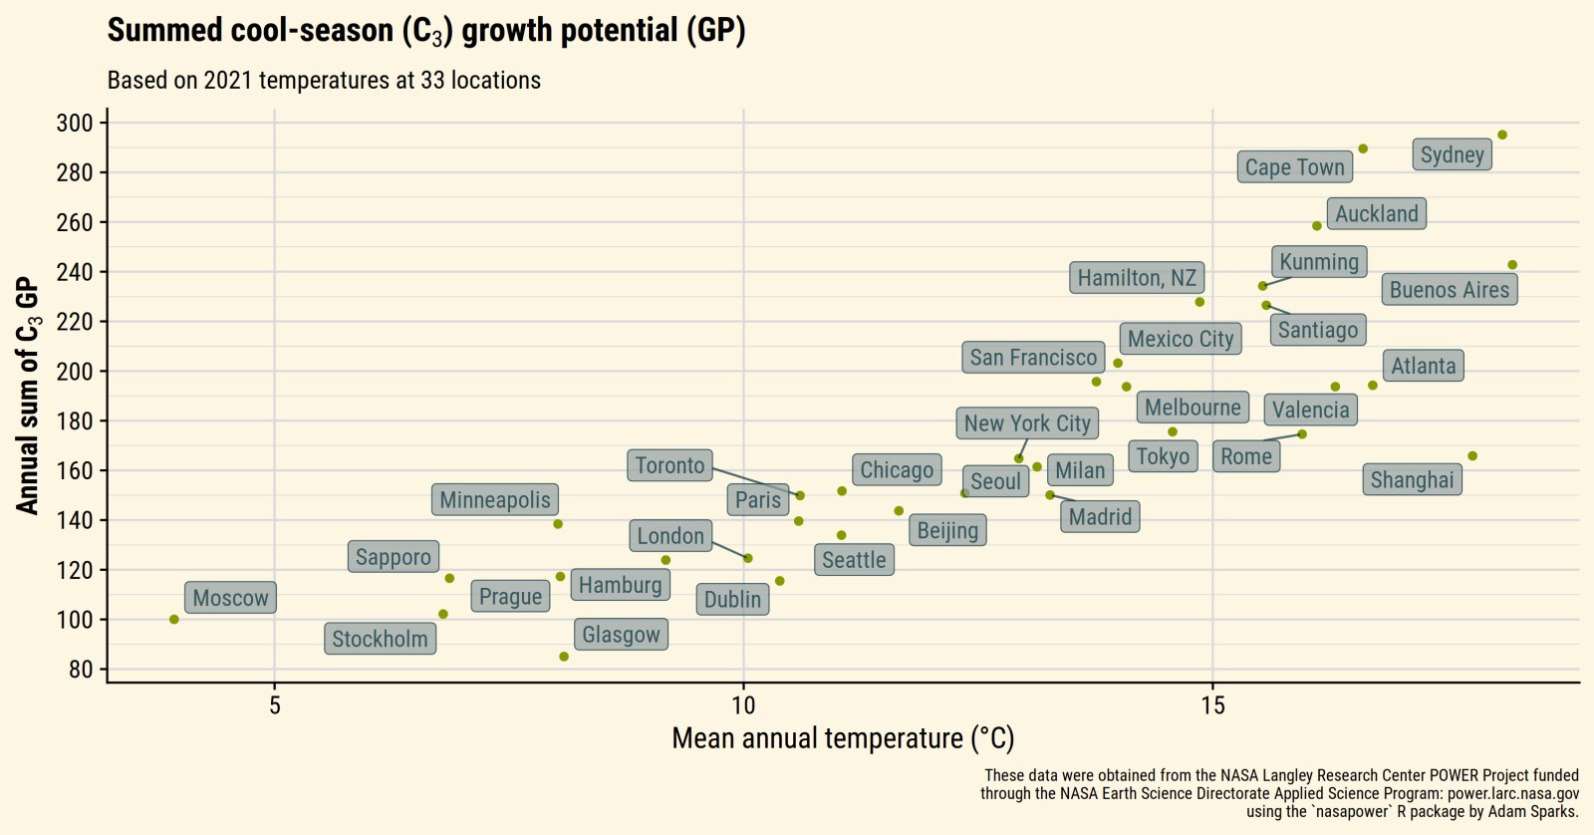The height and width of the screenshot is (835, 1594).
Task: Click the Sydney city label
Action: pos(1452,154)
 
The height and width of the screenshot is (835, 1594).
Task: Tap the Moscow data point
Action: pos(174,620)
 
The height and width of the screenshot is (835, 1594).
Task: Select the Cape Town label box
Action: pos(1294,167)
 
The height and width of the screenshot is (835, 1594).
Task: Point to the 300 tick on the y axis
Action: pos(75,124)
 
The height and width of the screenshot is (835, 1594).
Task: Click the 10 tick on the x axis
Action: pos(743,705)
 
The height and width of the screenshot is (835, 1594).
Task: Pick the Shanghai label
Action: pos(1412,480)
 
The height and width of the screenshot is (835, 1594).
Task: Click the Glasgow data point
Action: pos(564,657)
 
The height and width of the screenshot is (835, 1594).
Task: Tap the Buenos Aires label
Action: pos(1450,290)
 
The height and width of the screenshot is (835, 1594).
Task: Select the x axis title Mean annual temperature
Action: pos(843,738)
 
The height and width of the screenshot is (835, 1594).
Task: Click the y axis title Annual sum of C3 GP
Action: pos(28,396)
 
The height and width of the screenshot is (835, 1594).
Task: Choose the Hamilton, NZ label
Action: pos(1137,278)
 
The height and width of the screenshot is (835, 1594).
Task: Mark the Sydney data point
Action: pos(1502,136)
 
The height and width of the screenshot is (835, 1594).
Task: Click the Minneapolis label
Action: pos(495,500)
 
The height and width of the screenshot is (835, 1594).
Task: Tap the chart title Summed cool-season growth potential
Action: pos(426,31)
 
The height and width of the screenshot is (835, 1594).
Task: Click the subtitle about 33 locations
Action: pos(324,81)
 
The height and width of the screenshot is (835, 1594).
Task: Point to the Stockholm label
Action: pos(380,640)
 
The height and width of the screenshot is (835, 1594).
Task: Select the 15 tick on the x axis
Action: pos(1212,705)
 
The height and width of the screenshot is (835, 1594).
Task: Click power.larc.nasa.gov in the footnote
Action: pos(1512,794)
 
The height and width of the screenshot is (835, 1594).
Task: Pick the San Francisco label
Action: pos(1033,358)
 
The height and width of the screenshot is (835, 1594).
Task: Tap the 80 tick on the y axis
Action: pos(81,670)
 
